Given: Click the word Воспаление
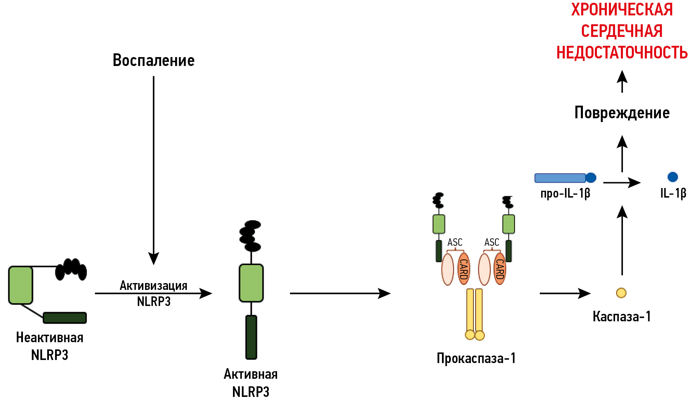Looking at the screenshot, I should coord(154,61).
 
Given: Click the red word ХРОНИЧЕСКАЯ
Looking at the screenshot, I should coord(622,10).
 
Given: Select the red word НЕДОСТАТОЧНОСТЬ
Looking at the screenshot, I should coord(622,53).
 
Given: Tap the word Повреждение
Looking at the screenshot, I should coord(622,113).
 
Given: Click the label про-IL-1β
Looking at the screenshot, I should coord(565,193).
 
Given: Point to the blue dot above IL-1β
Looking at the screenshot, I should coord(673,177).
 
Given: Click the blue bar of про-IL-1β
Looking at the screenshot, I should coord(560,178).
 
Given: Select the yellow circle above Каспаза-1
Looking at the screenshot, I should coord(621,293).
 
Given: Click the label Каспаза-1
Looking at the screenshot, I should coord(622,317).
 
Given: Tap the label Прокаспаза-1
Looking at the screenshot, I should coord(476,358).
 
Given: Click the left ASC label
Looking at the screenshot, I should coord(455,242).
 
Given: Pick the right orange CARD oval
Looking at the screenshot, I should coord(500,269).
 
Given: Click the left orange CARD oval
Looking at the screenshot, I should coord(464,269).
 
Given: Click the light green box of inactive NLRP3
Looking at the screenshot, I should coord(21,285).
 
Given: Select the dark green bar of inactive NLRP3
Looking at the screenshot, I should coord(65,318).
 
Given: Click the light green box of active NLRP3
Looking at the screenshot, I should coord(251,283).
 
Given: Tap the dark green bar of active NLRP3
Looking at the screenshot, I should coord(251,337).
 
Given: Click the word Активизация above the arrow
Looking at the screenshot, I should coord(154,285).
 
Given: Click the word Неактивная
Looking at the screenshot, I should coord(50,338).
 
